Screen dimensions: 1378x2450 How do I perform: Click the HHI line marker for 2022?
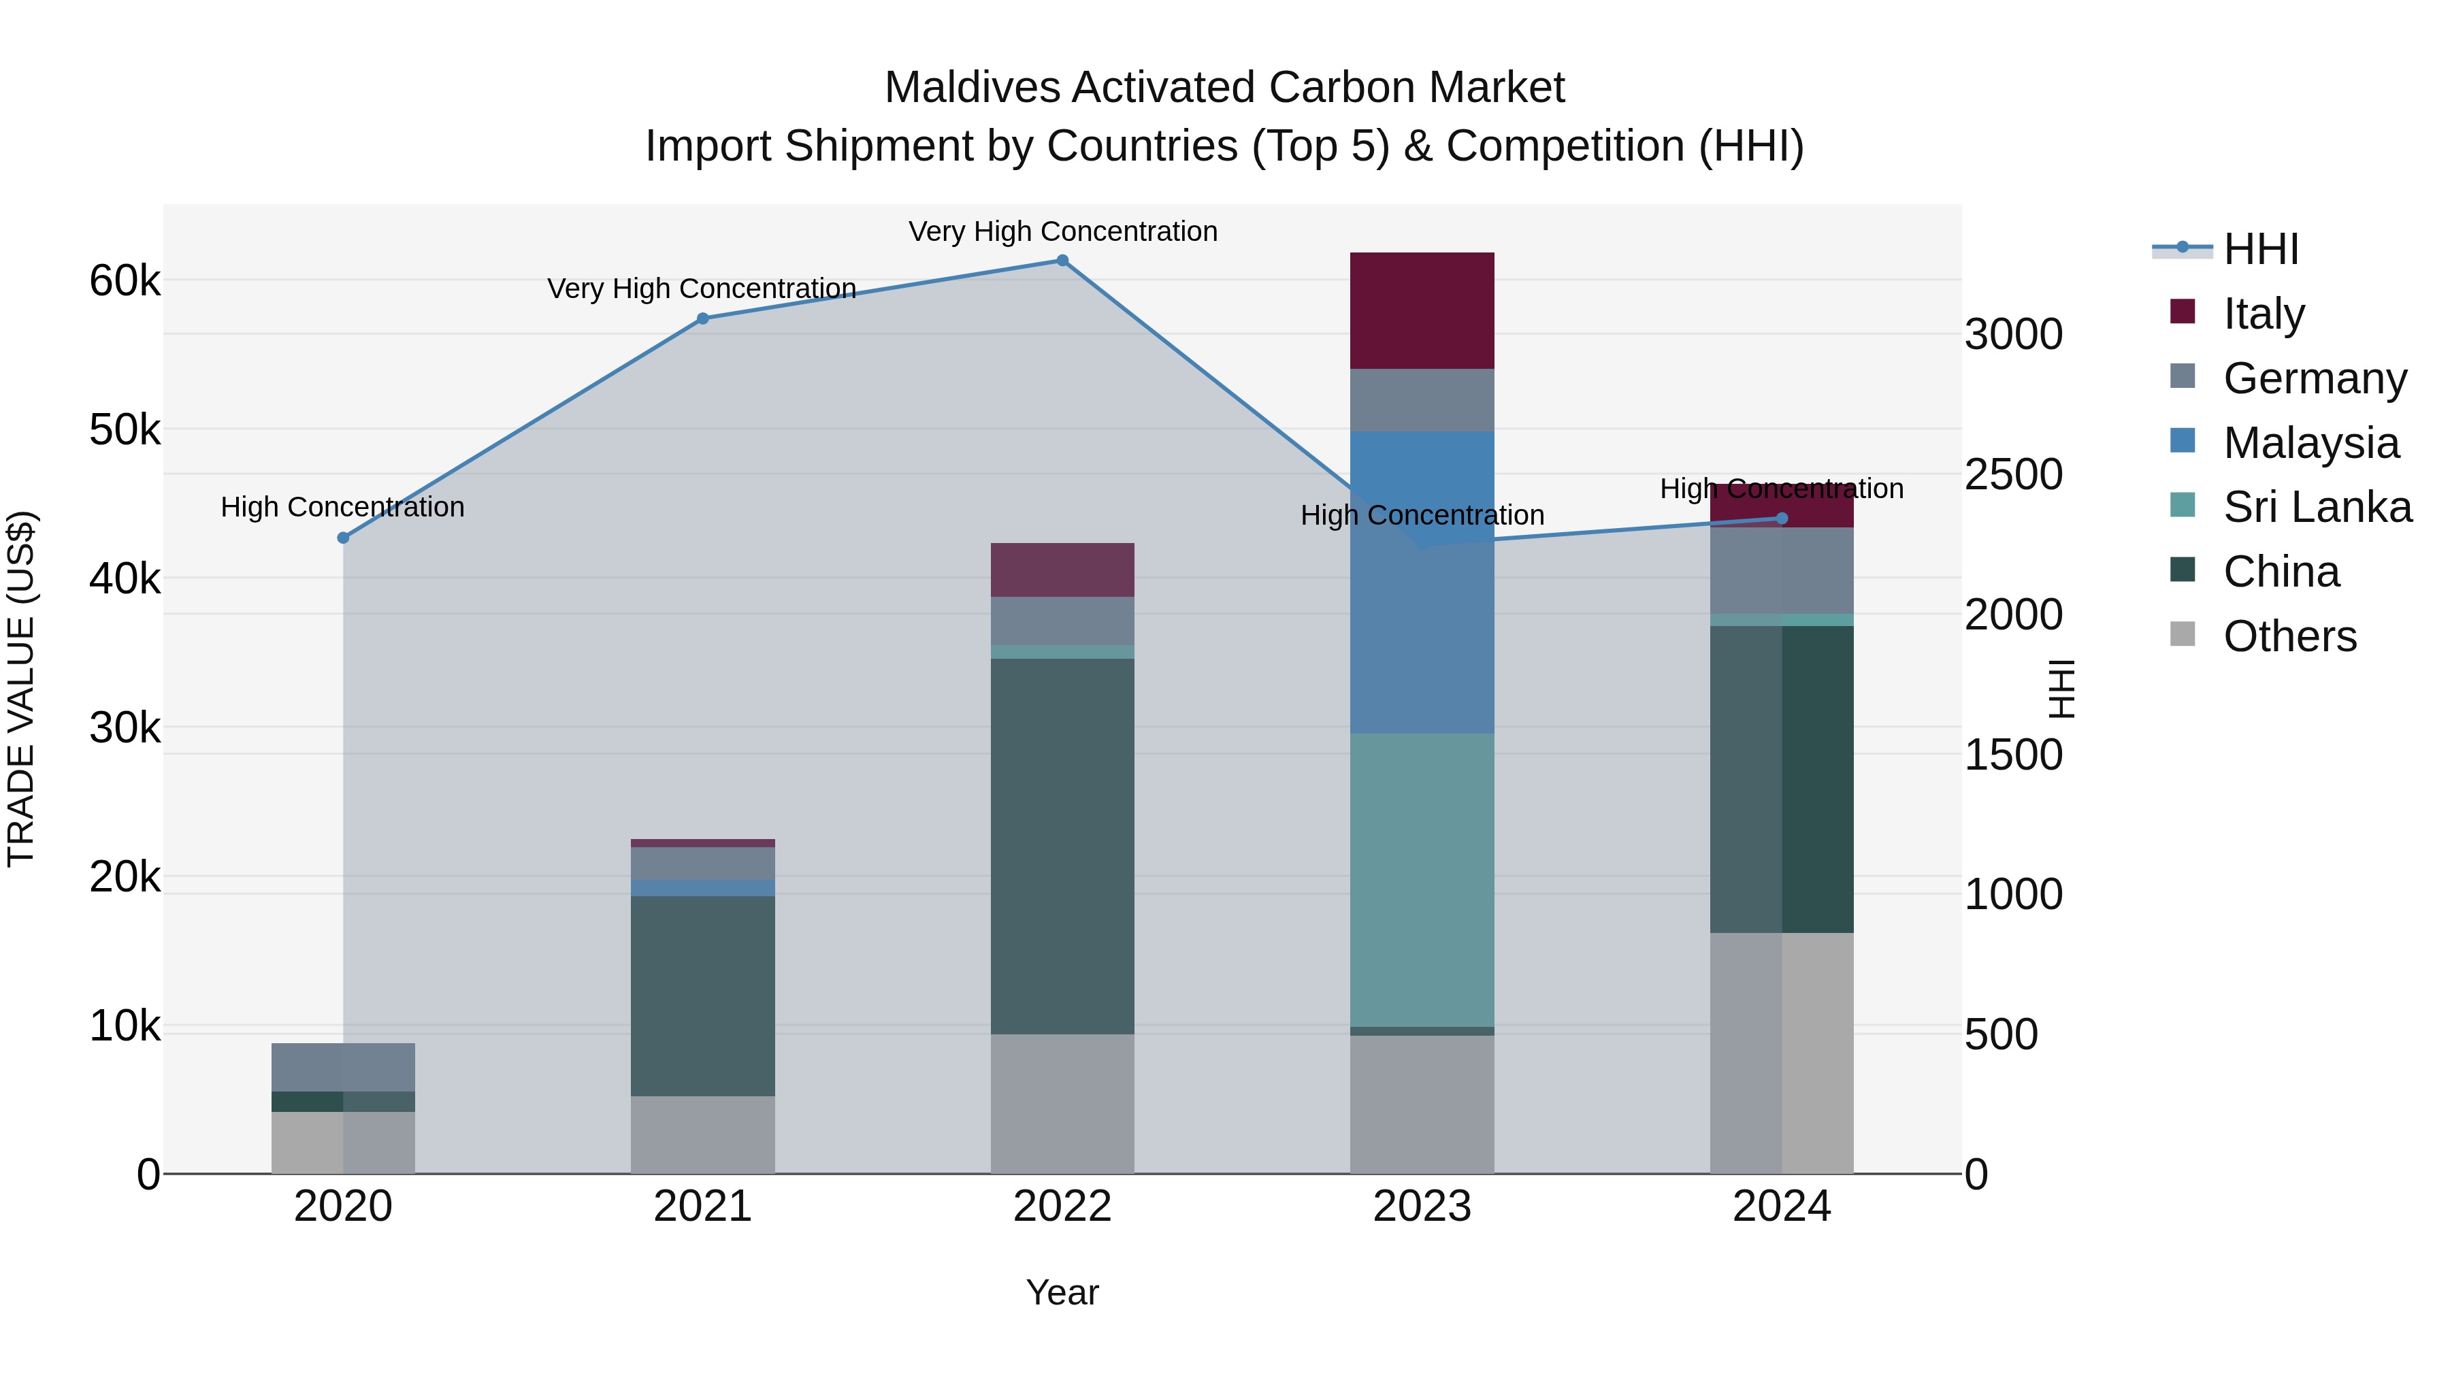[x=1062, y=261]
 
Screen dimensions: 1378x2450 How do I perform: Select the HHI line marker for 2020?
[x=344, y=538]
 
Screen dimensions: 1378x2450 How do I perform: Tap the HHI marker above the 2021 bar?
[x=703, y=318]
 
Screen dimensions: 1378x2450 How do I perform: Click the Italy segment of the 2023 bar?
[x=1422, y=311]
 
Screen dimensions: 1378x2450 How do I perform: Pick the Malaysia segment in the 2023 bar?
[x=1422, y=582]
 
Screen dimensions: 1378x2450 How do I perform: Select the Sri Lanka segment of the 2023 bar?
[x=1422, y=880]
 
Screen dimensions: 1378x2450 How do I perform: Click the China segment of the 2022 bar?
[x=1062, y=847]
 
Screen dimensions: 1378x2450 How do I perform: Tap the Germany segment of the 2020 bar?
[x=344, y=1067]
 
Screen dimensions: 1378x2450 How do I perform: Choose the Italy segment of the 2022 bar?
[x=1062, y=570]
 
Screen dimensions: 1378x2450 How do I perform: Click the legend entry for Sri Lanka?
[x=2317, y=507]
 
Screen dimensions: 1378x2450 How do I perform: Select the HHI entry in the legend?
[x=2261, y=249]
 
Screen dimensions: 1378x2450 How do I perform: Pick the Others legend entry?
[x=2289, y=636]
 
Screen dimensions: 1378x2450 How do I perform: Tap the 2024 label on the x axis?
[x=1782, y=1207]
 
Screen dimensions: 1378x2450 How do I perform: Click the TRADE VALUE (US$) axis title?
[x=22, y=689]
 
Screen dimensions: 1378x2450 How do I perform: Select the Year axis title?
[x=1062, y=1292]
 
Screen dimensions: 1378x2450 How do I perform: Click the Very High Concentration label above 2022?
[x=1062, y=231]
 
